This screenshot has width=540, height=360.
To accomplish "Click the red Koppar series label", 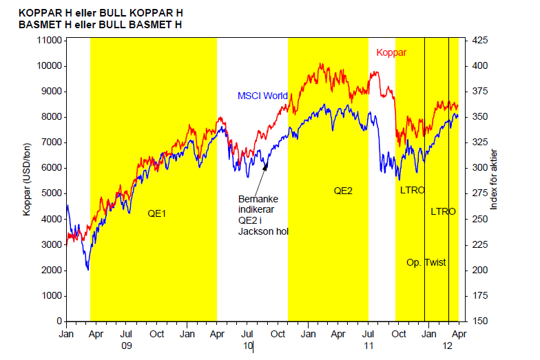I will pyautogui.click(x=391, y=52).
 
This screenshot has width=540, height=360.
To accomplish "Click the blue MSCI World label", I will pyautogui.click(x=262, y=96).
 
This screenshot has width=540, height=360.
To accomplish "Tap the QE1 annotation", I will pyautogui.click(x=158, y=213).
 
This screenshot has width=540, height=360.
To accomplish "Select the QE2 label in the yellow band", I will pyautogui.click(x=343, y=190).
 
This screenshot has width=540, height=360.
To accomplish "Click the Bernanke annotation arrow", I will pyautogui.click(x=260, y=178).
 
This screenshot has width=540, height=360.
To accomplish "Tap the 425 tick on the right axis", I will pyautogui.click(x=479, y=41).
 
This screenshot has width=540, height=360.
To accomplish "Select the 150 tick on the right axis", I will pyautogui.click(x=479, y=321).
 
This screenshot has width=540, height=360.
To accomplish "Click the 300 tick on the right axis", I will pyautogui.click(x=479, y=168).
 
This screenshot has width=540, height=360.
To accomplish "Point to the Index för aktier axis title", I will pyautogui.click(x=493, y=180).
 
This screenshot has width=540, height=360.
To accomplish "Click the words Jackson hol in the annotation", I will pyautogui.click(x=263, y=231).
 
